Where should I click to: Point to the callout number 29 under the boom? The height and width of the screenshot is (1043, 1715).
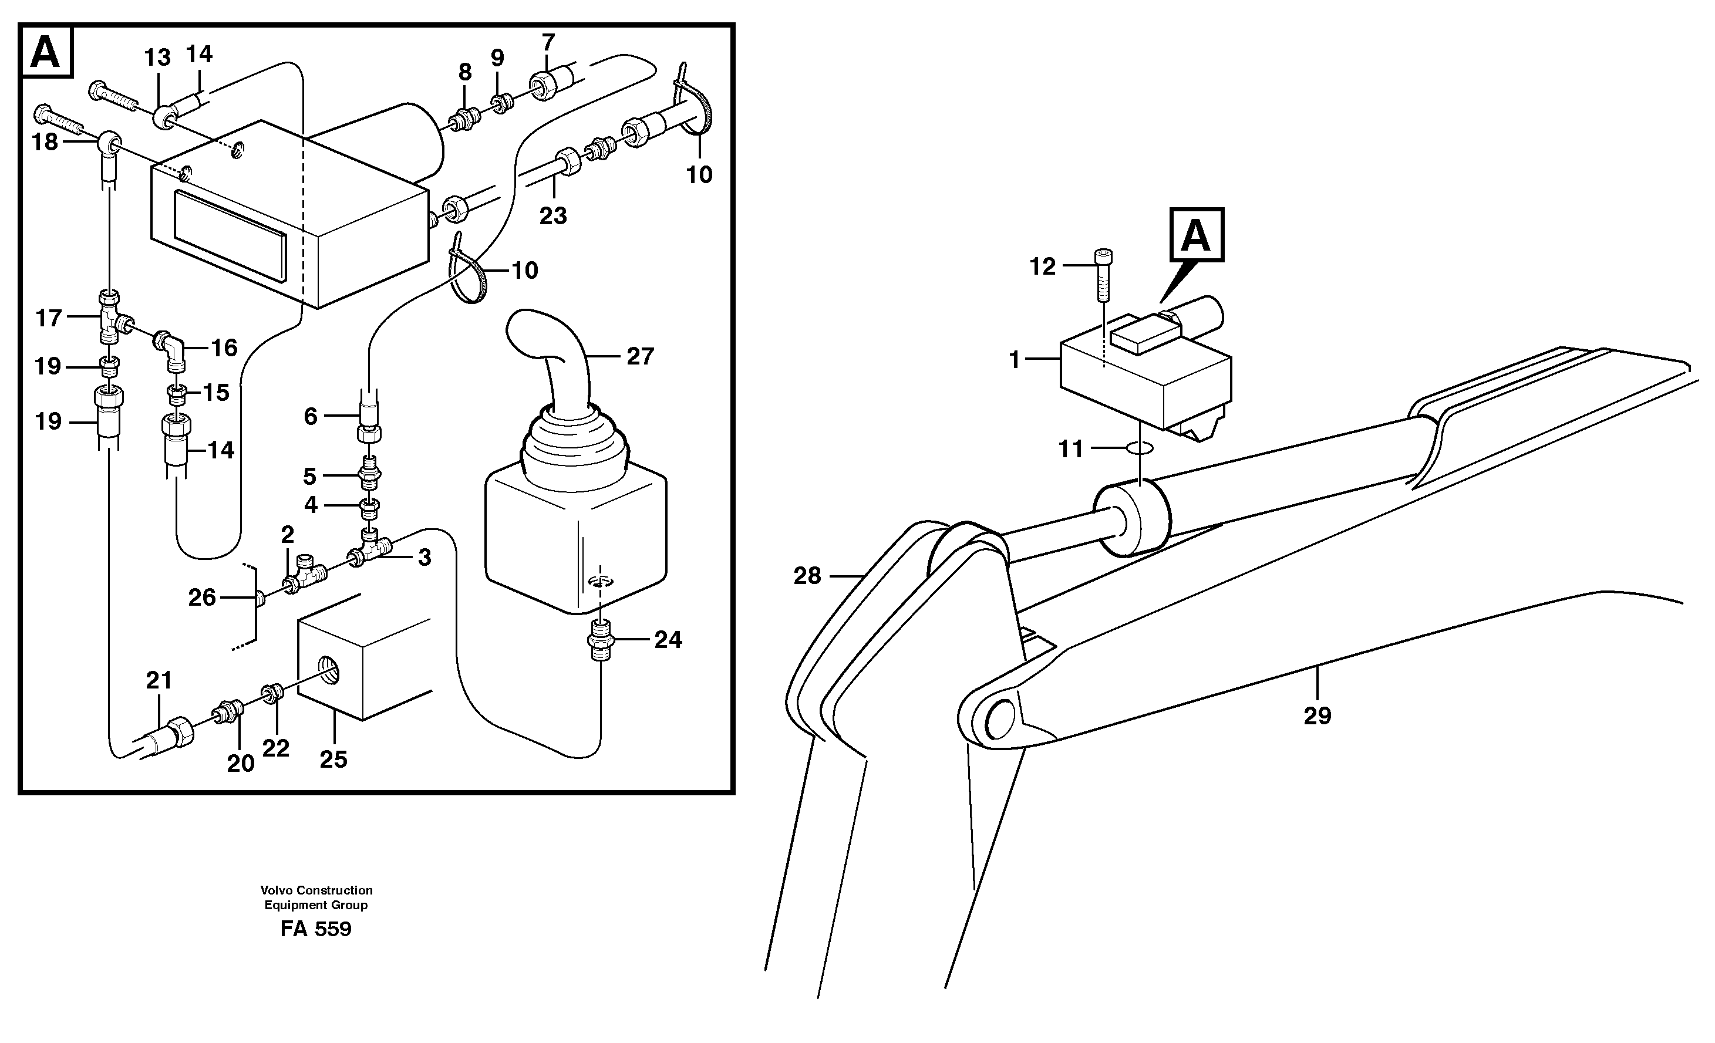(x=1317, y=715)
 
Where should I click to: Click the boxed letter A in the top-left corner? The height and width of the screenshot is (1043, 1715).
(x=46, y=52)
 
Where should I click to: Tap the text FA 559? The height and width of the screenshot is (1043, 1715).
(x=316, y=929)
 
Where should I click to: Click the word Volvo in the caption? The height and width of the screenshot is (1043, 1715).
(x=277, y=890)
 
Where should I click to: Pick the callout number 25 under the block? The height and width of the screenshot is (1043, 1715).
(x=333, y=759)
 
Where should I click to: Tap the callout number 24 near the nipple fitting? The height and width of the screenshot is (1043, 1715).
(x=668, y=639)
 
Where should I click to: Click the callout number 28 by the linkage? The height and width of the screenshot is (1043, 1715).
(x=807, y=575)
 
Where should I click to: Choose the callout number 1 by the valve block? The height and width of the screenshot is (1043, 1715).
(x=1014, y=360)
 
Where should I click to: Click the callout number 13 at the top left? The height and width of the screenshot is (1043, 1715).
(x=157, y=58)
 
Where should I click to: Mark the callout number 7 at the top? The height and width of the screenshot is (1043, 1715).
(x=548, y=42)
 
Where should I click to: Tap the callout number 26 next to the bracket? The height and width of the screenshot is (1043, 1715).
(x=202, y=597)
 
